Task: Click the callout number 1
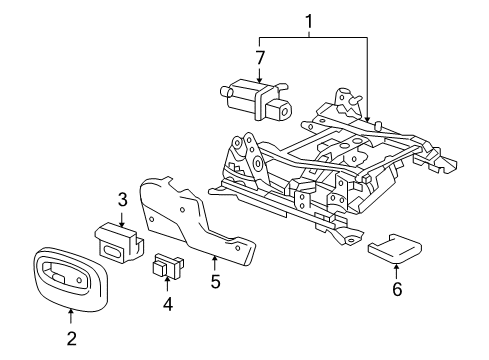[309, 21]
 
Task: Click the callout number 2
[71, 338]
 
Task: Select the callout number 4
[168, 304]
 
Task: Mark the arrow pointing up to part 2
[71, 312]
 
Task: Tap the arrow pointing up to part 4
[168, 284]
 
